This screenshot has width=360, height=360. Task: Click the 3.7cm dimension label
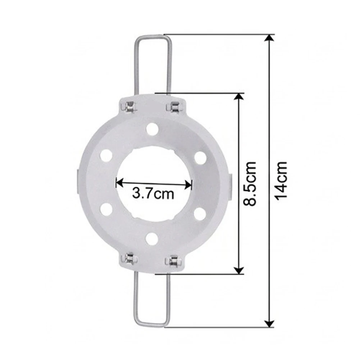(x=153, y=194)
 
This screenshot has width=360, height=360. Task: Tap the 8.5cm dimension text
(x=250, y=183)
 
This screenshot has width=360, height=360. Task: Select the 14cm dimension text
(x=281, y=181)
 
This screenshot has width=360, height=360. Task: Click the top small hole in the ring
(x=152, y=129)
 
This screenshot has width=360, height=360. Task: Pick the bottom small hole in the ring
(x=151, y=239)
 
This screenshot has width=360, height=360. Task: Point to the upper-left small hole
(x=106, y=155)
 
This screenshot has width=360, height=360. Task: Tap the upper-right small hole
(x=200, y=158)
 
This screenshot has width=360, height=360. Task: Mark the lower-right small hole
(x=200, y=213)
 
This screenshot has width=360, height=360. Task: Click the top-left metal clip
(x=130, y=107)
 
